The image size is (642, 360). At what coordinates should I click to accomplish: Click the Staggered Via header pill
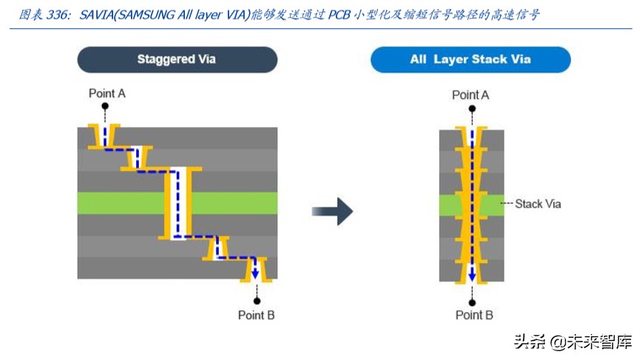[178, 60]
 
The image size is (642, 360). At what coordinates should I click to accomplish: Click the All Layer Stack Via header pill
[470, 60]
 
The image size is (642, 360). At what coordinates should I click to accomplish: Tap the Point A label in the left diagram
[107, 94]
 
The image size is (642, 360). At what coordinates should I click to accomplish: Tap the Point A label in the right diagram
[470, 95]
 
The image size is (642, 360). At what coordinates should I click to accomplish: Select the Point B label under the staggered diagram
[257, 315]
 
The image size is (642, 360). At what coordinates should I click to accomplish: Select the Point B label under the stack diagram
[474, 315]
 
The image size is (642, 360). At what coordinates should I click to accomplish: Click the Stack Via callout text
[538, 204]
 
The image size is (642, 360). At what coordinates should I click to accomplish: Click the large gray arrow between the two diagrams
[333, 211]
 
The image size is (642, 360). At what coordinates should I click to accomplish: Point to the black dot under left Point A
[105, 106]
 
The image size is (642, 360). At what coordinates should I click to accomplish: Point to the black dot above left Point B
[257, 301]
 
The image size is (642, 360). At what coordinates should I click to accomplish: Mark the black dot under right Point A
[472, 109]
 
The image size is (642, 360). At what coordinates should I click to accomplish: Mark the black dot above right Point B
[472, 303]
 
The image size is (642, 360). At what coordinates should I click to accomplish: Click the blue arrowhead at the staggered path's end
[255, 274]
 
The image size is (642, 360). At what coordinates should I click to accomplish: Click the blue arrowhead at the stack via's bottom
[472, 275]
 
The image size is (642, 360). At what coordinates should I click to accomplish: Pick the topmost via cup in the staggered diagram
[104, 136]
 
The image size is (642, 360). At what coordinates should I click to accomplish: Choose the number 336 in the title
[57, 15]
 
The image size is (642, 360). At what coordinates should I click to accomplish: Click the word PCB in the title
[339, 15]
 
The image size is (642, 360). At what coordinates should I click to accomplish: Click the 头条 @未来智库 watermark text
[572, 342]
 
